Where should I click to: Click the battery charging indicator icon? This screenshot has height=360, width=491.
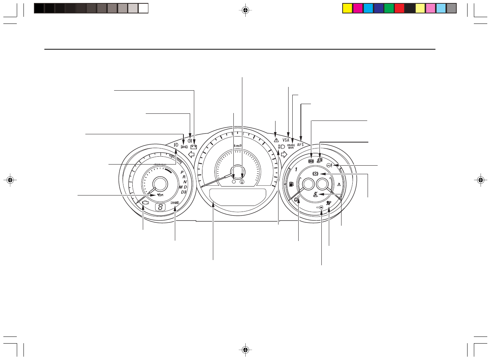coord(193,147)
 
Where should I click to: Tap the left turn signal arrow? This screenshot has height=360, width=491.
coord(192,154)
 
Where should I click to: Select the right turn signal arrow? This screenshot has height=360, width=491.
coord(283,154)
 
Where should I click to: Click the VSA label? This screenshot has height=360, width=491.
coord(286,140)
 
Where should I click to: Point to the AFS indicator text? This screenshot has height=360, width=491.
coord(300,145)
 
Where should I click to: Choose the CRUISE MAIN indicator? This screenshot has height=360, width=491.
coord(291,147)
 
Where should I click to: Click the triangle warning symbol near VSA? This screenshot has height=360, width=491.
coord(276,140)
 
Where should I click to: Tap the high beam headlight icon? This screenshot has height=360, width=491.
coord(281,147)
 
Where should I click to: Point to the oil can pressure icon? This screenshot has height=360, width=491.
coord(160,195)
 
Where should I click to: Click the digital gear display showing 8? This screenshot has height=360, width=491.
coord(160,207)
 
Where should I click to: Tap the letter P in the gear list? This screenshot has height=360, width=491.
coord(182,173)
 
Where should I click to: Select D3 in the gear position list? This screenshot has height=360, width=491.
coord(183,192)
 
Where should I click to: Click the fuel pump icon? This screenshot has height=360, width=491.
coord(291,184)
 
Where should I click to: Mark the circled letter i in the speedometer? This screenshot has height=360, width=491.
coord(242,182)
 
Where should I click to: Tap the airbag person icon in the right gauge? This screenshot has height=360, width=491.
coord(328,203)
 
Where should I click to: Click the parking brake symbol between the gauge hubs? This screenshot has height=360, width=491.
coord(315,174)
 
